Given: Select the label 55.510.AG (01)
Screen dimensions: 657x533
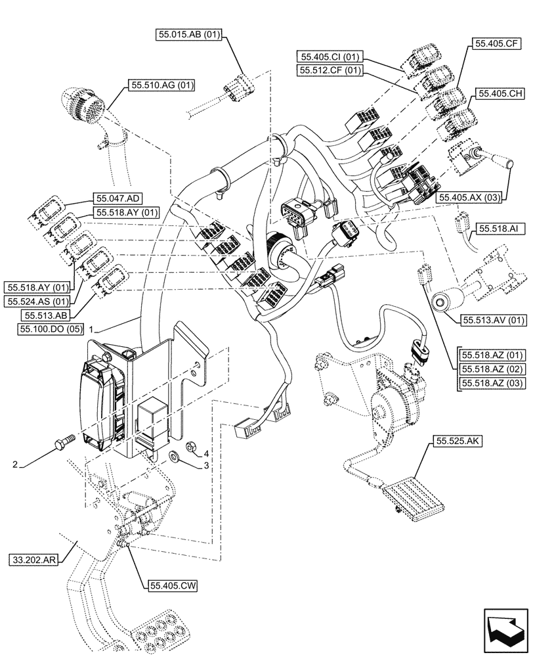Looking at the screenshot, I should point(161,84).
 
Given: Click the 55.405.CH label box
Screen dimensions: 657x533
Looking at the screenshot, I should point(500,94).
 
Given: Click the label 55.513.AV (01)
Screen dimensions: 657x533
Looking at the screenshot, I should point(494,321).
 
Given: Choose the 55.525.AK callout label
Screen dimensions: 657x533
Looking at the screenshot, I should point(458,443).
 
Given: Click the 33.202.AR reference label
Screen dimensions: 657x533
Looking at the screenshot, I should point(34,560).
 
